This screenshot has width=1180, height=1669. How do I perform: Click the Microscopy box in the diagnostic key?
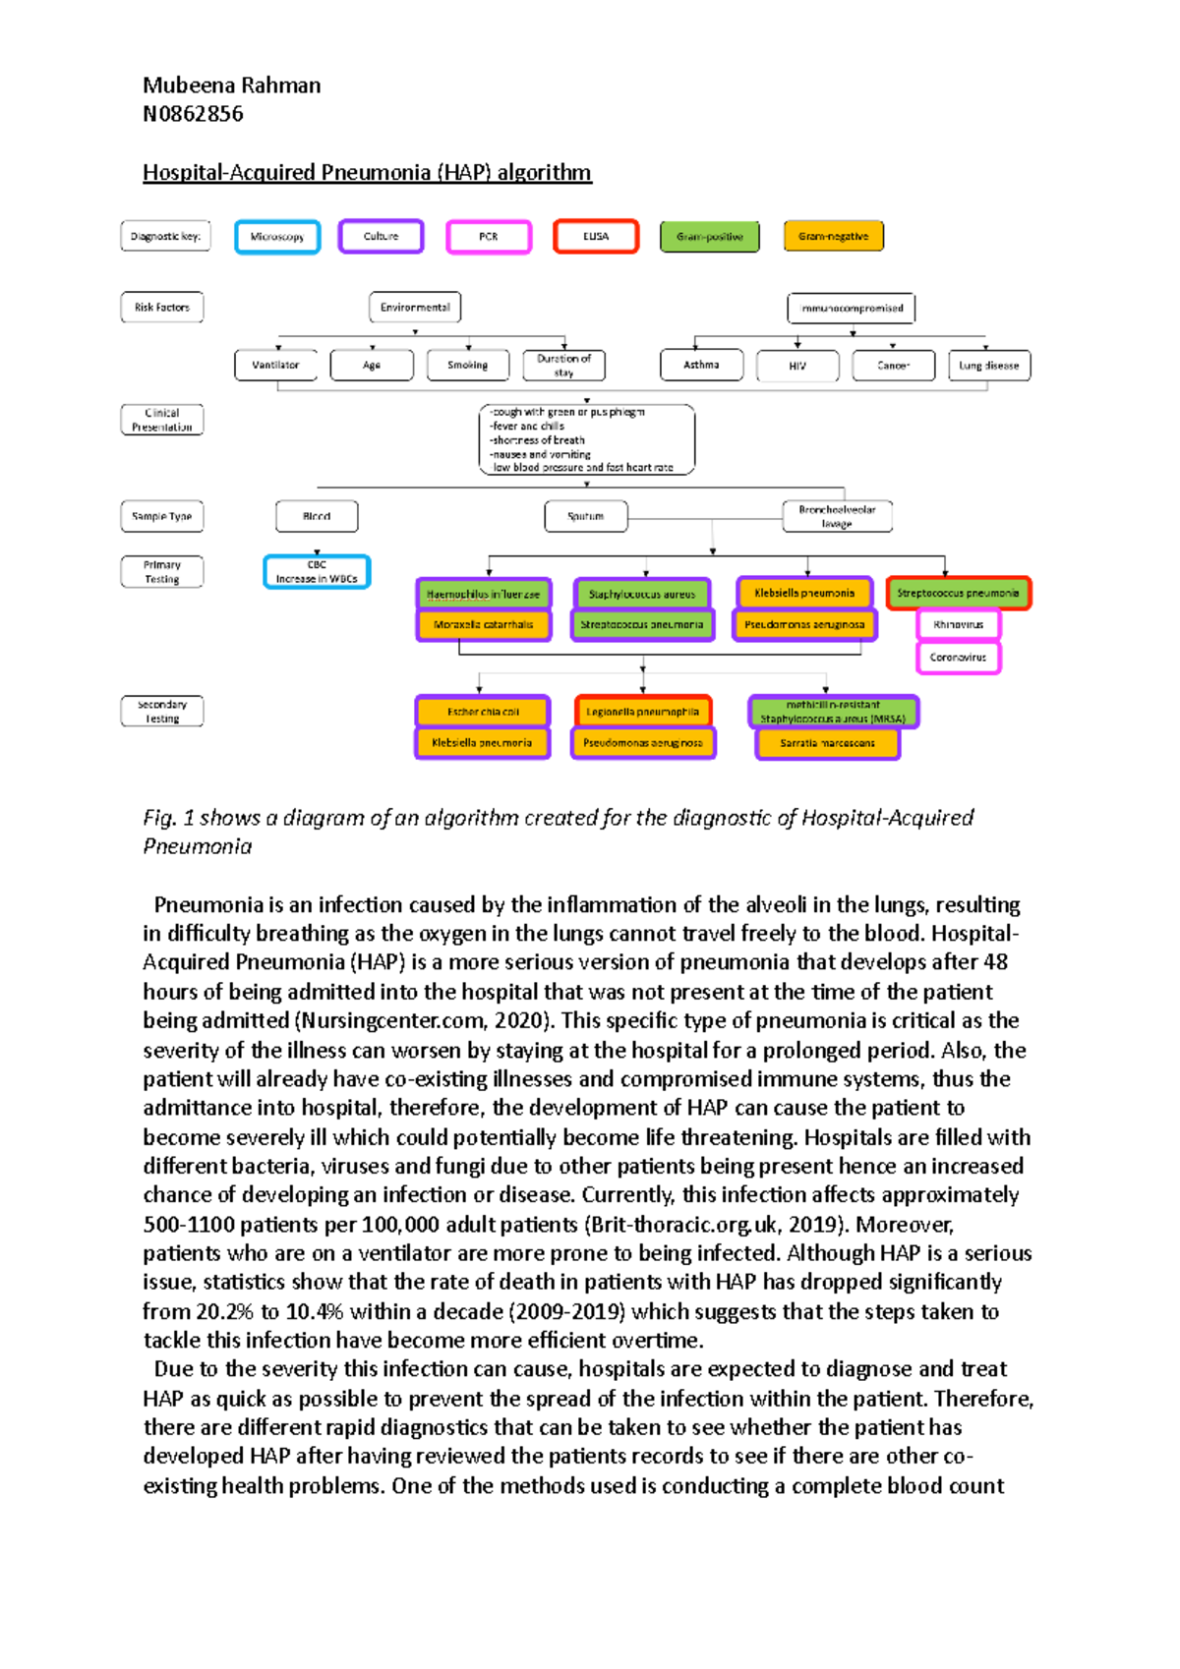tap(277, 237)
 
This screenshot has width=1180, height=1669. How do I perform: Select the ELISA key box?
tap(596, 237)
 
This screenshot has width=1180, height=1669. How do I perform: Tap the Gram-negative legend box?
tap(833, 237)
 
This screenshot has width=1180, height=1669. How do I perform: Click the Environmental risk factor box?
tap(415, 308)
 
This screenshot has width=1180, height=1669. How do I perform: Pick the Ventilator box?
tap(275, 365)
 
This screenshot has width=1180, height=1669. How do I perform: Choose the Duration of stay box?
tap(563, 366)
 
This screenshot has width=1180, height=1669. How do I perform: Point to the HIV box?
tap(797, 366)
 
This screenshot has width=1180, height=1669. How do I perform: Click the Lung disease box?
tap(989, 366)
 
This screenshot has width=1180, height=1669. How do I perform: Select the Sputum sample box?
tap(586, 516)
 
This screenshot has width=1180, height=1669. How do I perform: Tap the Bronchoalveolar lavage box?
tap(837, 516)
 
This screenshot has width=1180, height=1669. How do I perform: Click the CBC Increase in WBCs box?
tap(317, 572)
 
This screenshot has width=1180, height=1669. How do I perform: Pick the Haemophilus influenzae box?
tap(483, 594)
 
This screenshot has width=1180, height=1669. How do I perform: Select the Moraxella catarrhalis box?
tap(483, 624)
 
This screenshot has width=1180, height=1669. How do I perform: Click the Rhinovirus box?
tap(958, 624)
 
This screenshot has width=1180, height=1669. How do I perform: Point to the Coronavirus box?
tap(958, 658)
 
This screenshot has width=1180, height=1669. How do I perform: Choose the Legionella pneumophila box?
tap(642, 712)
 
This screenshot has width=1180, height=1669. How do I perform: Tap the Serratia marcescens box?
tap(827, 743)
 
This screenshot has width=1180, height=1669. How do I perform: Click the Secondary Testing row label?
tap(162, 712)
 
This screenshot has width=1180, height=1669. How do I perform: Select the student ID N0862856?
tap(194, 114)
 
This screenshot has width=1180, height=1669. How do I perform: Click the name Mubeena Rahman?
tap(232, 86)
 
